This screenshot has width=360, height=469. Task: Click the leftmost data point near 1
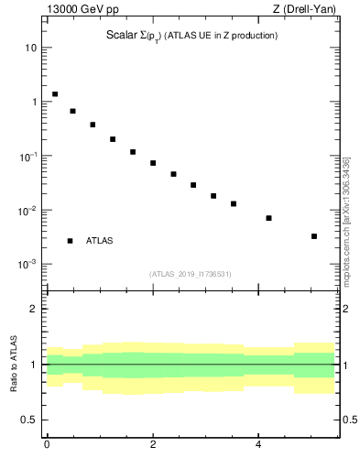[x=55, y=94]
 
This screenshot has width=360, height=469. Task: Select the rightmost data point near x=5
[x=313, y=236]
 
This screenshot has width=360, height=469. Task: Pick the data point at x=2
[x=153, y=163]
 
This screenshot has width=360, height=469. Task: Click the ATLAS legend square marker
[x=70, y=241]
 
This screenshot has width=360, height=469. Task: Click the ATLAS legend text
[x=99, y=241]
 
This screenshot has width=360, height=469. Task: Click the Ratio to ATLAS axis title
[x=15, y=365]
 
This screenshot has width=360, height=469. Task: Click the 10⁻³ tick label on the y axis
[x=27, y=264]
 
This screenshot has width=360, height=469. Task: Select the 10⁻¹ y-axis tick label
[x=27, y=156]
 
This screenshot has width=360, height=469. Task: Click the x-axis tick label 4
[x=259, y=444]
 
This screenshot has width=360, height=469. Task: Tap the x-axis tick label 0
[x=47, y=444]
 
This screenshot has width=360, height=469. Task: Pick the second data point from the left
[x=72, y=111]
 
